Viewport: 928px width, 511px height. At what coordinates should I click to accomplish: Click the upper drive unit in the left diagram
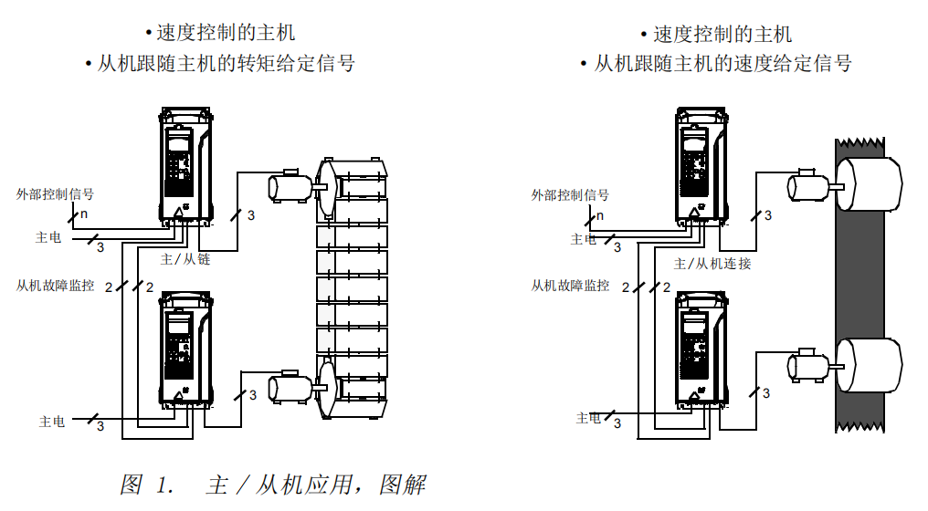tap(186, 164)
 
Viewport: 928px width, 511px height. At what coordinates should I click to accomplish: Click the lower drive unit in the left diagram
tap(186, 347)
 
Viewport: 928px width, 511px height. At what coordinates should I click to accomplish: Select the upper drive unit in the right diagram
tap(701, 164)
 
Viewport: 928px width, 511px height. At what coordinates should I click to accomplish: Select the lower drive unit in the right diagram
tap(701, 347)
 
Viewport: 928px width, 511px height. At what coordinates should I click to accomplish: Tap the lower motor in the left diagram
tap(290, 387)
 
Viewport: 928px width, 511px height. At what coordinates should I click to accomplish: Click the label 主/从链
tap(185, 259)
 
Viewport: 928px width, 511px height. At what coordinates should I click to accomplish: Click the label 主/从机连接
tap(712, 264)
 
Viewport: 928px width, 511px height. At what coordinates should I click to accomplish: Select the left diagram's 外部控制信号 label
tap(55, 194)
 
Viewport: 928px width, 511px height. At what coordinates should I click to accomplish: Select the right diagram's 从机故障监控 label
tap(570, 286)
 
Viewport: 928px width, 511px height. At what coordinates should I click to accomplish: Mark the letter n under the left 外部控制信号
tap(83, 214)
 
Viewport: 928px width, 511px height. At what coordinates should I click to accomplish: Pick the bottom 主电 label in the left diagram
tap(52, 422)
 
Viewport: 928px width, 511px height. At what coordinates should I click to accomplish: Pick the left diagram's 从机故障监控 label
tap(55, 286)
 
